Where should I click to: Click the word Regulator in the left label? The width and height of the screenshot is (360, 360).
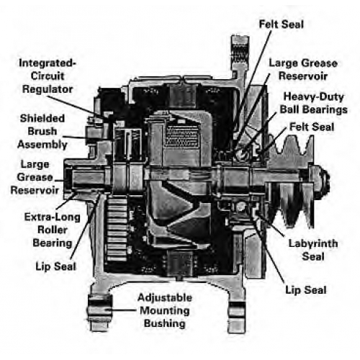coord(48,89)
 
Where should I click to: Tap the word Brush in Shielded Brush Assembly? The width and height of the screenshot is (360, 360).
coord(42,131)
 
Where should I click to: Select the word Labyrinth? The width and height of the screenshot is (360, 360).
coord(313,244)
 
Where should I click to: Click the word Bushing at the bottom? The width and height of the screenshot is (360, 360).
coord(165,323)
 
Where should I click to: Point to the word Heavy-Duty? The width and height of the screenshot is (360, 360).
coord(314,96)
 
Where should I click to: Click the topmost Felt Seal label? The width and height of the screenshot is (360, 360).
coord(282,24)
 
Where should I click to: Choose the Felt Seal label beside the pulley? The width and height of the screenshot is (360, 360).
coord(312,127)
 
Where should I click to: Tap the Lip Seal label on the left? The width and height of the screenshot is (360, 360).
coord(55,266)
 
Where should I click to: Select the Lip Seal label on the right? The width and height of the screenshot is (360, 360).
coord(306,290)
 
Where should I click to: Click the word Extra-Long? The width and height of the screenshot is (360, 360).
coord(53,217)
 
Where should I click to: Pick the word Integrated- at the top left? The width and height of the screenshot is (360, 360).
coord(48,63)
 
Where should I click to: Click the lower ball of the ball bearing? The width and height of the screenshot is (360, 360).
coord(240,207)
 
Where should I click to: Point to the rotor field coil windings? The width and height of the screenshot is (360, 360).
coord(181,136)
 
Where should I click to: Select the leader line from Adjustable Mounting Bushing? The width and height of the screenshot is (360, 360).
coord(122,310)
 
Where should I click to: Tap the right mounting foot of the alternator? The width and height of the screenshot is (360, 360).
coord(237,310)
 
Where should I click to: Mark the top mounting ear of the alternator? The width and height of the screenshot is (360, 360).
coord(240,56)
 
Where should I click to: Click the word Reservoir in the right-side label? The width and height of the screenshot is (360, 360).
coord(303,76)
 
